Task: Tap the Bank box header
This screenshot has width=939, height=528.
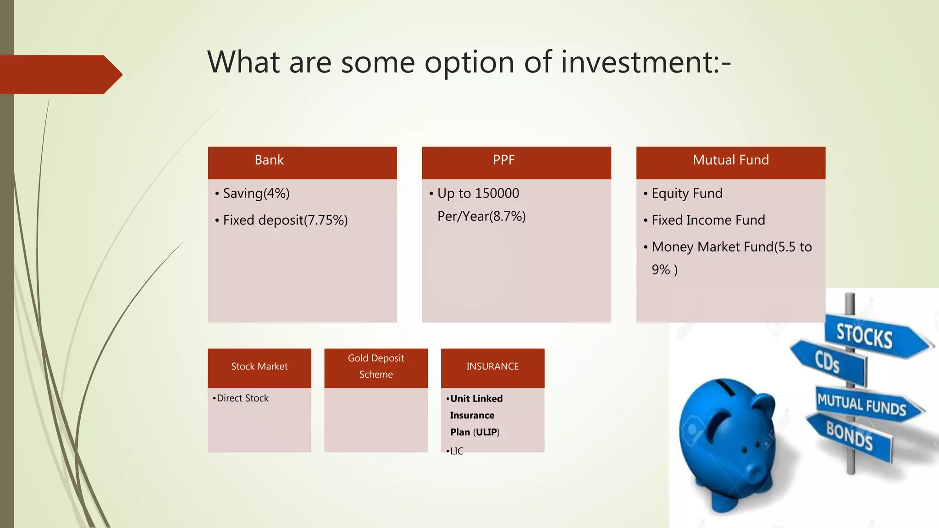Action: [x=269, y=160]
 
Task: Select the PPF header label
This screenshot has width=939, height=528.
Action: [x=503, y=160]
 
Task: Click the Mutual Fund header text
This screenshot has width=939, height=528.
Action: [x=730, y=160]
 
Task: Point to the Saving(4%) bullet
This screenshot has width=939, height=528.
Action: [x=256, y=193]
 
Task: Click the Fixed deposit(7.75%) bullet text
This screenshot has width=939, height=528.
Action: [x=285, y=220]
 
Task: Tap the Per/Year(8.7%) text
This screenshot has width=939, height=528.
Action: [x=481, y=216]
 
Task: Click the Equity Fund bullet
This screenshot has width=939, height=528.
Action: [x=686, y=193]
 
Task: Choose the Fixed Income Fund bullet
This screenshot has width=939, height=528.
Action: [x=708, y=220]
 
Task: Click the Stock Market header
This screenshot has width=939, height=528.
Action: [x=259, y=367]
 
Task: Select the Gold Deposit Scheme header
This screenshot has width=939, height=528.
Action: [x=376, y=366]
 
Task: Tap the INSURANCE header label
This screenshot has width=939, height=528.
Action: [x=492, y=367]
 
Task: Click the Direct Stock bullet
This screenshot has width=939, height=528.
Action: [x=242, y=398]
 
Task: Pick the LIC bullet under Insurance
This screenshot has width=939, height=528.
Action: [x=456, y=451]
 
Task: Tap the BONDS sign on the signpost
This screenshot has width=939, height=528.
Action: [x=849, y=435]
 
